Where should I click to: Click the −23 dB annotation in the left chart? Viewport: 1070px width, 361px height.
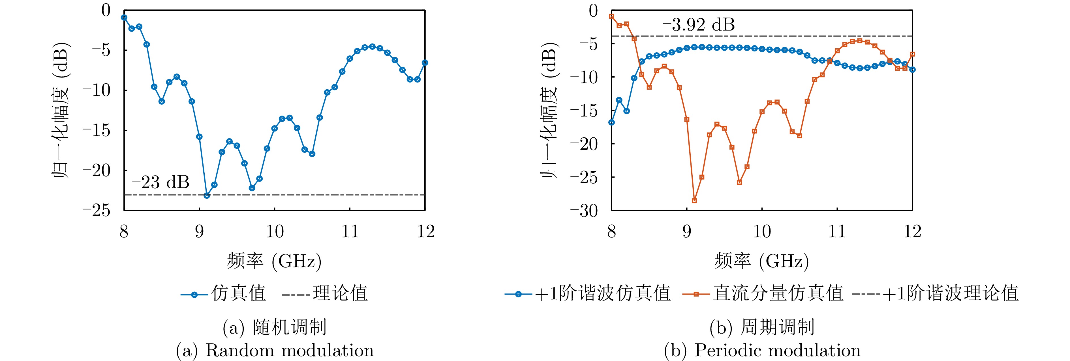click(160, 182)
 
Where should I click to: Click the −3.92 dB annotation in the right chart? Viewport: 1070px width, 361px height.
click(699, 25)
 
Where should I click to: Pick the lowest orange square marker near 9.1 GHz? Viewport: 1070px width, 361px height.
click(694, 200)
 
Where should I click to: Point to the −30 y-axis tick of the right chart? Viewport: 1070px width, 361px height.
click(584, 211)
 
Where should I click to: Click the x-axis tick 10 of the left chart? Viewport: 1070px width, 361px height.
click(275, 231)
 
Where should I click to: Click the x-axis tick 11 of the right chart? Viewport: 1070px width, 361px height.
click(837, 231)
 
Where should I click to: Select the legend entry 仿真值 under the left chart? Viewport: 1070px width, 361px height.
click(224, 293)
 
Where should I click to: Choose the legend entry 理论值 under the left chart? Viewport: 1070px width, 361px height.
click(326, 293)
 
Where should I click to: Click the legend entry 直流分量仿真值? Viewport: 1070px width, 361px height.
click(763, 293)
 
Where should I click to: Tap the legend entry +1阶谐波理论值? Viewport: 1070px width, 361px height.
click(936, 293)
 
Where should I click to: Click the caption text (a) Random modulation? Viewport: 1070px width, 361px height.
click(275, 350)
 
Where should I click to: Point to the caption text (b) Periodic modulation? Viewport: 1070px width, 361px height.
click(762, 350)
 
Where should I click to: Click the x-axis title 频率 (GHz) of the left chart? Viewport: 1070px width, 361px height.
click(274, 261)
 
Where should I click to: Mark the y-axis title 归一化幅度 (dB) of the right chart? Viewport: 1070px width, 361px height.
click(549, 110)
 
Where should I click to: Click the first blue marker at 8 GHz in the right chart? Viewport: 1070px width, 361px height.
click(611, 122)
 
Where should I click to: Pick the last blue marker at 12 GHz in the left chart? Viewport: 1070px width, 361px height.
click(425, 63)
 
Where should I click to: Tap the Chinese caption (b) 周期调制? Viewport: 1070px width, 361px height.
click(762, 327)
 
